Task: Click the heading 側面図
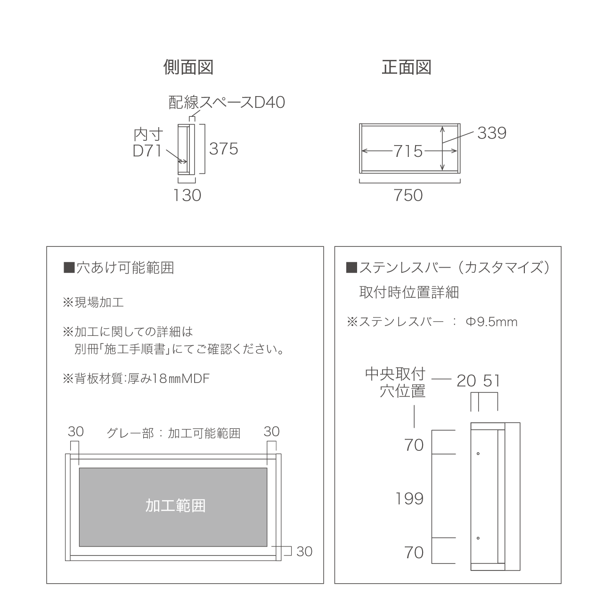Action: (x=188, y=67)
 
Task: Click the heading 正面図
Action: (x=407, y=67)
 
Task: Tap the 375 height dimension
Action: (x=223, y=149)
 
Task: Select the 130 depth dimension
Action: (x=187, y=195)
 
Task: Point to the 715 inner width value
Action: (x=408, y=151)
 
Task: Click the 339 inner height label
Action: (x=492, y=133)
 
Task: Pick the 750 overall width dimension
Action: (x=408, y=195)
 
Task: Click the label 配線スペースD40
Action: (x=227, y=102)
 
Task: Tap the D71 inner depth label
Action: (x=147, y=151)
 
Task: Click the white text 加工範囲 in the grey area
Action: (x=176, y=505)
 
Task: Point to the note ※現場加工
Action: (x=93, y=302)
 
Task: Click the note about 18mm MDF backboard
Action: (x=136, y=379)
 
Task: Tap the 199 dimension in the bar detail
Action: (x=409, y=498)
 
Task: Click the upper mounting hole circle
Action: (x=478, y=454)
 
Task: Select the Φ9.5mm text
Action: (x=491, y=322)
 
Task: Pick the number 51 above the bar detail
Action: (x=492, y=381)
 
